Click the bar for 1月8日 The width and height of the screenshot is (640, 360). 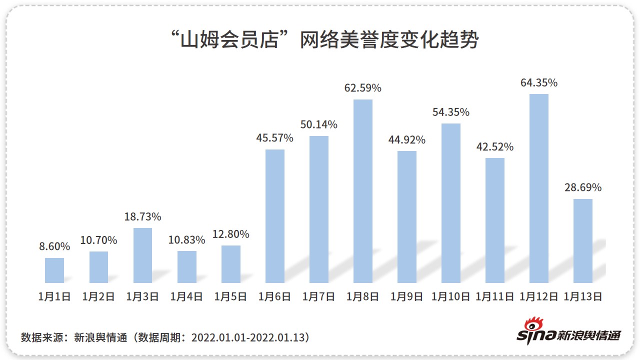[x=363, y=191]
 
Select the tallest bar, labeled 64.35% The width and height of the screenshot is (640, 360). [x=539, y=188]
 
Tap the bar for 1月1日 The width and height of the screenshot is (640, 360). [x=54, y=270]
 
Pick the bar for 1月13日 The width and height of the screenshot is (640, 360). [x=583, y=241]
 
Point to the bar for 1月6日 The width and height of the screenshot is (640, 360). [x=275, y=216]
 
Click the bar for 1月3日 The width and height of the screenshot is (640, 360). [x=142, y=255]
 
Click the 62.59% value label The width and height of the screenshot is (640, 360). [x=363, y=88]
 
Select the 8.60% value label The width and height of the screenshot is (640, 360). [x=54, y=246]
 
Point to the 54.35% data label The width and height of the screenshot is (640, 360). [x=451, y=112]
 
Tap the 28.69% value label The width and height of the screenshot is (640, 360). [x=583, y=187]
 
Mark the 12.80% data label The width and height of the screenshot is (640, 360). [x=230, y=234]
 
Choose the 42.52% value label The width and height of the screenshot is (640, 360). [x=495, y=147]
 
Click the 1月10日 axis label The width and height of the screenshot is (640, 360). [x=451, y=296]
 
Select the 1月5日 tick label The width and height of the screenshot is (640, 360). [x=230, y=296]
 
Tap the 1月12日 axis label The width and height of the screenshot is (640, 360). [x=539, y=296]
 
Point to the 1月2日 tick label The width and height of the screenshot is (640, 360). [x=98, y=296]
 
